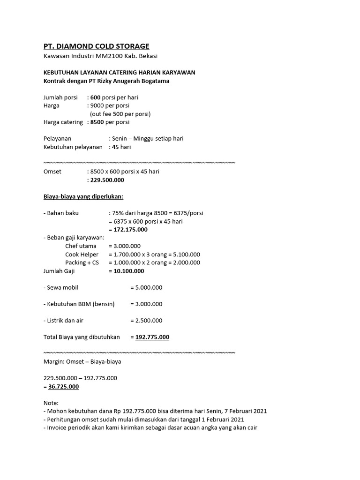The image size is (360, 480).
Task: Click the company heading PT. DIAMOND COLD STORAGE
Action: (x=96, y=46)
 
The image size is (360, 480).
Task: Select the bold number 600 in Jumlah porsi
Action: (x=96, y=97)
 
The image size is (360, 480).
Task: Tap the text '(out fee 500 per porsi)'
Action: (x=120, y=114)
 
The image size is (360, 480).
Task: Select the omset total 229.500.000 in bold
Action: (x=107, y=180)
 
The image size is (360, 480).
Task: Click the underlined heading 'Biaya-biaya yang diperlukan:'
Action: (x=83, y=196)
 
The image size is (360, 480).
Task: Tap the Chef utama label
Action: (x=81, y=246)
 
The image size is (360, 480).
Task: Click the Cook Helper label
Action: (x=82, y=255)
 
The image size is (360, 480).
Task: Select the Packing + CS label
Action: (x=82, y=262)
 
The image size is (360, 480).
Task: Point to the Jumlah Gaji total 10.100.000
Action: (x=126, y=271)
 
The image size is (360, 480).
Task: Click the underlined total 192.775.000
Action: (x=152, y=337)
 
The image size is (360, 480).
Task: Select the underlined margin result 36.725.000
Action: (x=63, y=387)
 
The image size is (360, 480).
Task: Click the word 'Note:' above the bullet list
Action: (x=51, y=403)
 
